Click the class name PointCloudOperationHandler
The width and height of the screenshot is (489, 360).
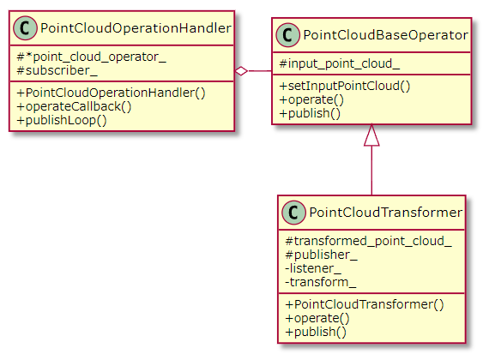136,28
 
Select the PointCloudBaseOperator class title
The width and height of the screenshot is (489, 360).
385,35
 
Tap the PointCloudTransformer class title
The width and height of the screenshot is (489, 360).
385,213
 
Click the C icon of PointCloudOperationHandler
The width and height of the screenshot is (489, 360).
25,28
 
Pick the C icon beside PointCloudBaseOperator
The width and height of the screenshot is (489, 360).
288,35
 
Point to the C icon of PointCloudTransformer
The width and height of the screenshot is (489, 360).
293,213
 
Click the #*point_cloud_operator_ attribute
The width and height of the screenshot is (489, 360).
91,57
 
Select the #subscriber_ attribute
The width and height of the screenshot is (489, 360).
57,71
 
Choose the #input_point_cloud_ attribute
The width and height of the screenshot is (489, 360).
340,64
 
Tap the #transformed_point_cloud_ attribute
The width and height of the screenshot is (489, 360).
368,241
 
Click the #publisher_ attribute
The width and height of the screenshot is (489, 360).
321,255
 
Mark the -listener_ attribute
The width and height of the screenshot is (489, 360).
313,268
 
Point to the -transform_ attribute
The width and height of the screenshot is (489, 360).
321,282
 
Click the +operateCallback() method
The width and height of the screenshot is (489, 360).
75,106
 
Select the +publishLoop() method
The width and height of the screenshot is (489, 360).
62,120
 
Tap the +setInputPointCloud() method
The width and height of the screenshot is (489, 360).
345,86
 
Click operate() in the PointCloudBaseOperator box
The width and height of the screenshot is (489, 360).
311,99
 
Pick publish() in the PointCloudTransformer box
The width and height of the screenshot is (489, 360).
316,332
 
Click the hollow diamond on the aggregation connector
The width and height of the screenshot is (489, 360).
241,71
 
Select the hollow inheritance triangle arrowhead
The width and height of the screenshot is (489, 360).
371,135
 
